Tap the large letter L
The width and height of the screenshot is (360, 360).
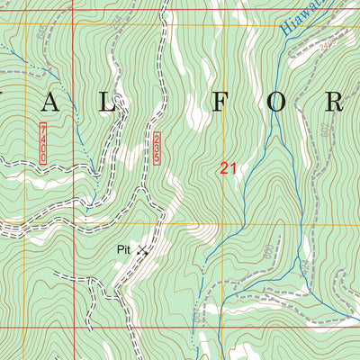[108, 102]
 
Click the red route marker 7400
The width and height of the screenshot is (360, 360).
[42, 145]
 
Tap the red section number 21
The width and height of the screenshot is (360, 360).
[228, 167]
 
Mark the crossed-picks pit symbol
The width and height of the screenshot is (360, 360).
[142, 250]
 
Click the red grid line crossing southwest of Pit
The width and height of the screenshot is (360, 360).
[71, 328]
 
